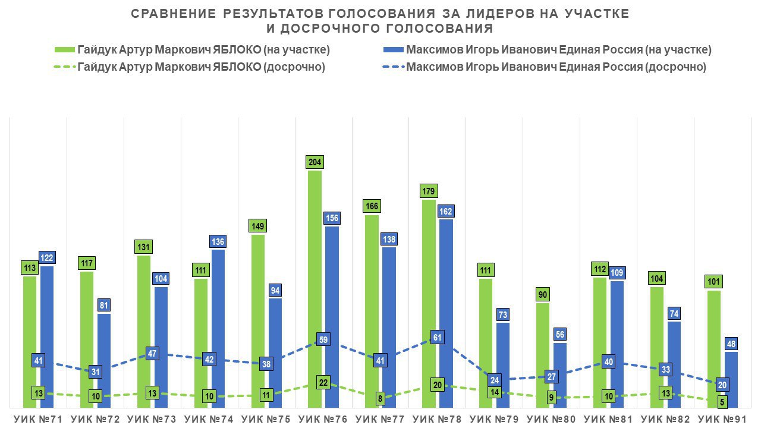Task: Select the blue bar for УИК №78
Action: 446,285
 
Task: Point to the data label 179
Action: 429,191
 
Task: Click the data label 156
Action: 332,218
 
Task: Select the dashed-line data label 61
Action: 437,338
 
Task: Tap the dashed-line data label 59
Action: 323,340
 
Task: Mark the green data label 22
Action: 323,383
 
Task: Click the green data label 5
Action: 722,402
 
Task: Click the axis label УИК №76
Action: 323,419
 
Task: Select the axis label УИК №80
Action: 552,419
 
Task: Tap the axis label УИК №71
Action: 38,419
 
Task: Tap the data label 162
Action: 446,211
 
